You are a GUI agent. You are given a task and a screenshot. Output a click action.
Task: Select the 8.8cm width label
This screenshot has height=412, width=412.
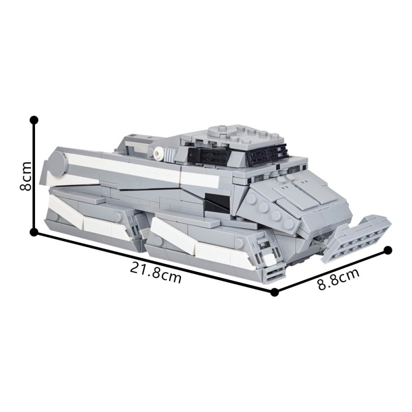(337, 279)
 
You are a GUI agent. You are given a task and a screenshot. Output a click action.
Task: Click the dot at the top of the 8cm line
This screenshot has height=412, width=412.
(34, 120)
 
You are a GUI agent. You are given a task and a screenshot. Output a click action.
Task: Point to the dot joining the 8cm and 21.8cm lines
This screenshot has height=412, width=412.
(34, 232)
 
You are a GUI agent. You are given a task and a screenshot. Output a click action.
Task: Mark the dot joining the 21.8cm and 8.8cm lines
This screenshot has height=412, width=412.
(274, 292)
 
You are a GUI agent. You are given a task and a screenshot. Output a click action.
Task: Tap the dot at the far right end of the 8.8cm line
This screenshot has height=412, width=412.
(389, 251)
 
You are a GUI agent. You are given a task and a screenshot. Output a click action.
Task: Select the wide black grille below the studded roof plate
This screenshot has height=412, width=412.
(267, 152)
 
